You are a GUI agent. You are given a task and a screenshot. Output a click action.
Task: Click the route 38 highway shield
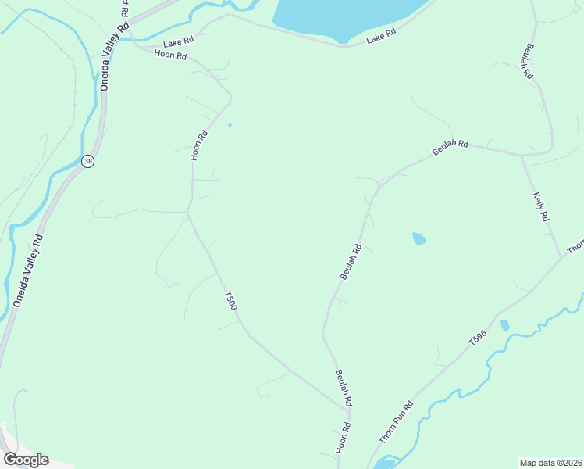pos(87,161)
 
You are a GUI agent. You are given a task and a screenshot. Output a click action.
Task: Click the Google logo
pos(26,459)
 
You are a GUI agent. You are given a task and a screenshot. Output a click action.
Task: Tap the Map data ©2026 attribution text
pos(550,463)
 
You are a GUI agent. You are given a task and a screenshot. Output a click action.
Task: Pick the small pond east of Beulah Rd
pos(419,238)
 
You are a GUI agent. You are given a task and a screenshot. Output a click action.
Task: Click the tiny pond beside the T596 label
pos(504,325)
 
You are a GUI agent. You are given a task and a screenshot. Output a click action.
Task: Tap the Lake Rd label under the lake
pos(382,36)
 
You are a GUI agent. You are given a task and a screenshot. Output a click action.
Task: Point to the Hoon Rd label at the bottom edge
pos(344,439)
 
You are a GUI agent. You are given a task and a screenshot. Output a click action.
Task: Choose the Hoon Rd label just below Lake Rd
pos(171,55)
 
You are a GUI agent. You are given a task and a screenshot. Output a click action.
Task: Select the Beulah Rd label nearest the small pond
pos(351,262)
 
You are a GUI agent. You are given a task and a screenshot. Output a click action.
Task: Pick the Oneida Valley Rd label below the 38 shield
pos(28,270)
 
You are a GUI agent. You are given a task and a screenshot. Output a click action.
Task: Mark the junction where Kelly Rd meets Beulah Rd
pos(522,155)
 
